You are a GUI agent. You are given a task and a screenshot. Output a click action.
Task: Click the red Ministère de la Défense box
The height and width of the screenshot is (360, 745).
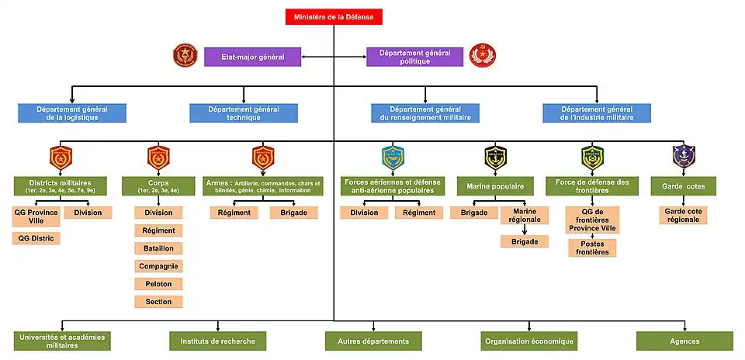pyautogui.click(x=334, y=16)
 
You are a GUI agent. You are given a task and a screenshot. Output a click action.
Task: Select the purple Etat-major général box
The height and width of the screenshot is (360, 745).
pyautogui.click(x=252, y=57)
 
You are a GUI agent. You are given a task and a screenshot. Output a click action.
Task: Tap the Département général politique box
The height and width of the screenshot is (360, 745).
pyautogui.click(x=414, y=57)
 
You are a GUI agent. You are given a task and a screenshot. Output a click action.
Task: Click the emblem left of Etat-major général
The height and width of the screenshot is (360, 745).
pyautogui.click(x=185, y=56)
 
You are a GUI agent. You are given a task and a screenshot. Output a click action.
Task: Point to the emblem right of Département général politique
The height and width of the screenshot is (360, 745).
pyautogui.click(x=483, y=56)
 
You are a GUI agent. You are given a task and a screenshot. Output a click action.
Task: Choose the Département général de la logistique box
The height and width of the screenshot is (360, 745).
pyautogui.click(x=72, y=113)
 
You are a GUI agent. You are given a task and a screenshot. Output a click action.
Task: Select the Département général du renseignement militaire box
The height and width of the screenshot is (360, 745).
pyautogui.click(x=425, y=113)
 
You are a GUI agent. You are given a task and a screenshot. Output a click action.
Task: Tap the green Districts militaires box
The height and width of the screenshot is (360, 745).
pyautogui.click(x=60, y=185)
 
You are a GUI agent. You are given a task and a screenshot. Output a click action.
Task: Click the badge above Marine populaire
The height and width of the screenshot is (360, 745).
pyautogui.click(x=495, y=157)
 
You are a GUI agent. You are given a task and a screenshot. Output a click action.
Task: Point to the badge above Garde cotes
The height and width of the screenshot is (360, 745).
pyautogui.click(x=683, y=157)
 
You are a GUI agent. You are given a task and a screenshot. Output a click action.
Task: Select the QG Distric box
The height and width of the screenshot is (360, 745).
pyautogui.click(x=36, y=237)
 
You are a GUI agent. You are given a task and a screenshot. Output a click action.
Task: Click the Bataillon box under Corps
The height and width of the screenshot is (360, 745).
pyautogui.click(x=158, y=248)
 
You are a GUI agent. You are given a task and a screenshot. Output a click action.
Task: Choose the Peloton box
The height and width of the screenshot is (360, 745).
pyautogui.click(x=158, y=284)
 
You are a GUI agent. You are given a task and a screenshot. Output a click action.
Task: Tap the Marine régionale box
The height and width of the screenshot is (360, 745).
pyautogui.click(x=524, y=217)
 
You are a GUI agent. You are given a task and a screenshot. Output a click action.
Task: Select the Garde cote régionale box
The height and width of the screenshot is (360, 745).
pyautogui.click(x=683, y=215)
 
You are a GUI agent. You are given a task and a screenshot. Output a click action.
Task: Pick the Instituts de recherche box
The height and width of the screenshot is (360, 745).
pyautogui.click(x=217, y=341)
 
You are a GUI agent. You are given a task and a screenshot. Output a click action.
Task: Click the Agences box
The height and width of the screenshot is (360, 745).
pyautogui.click(x=684, y=341)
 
